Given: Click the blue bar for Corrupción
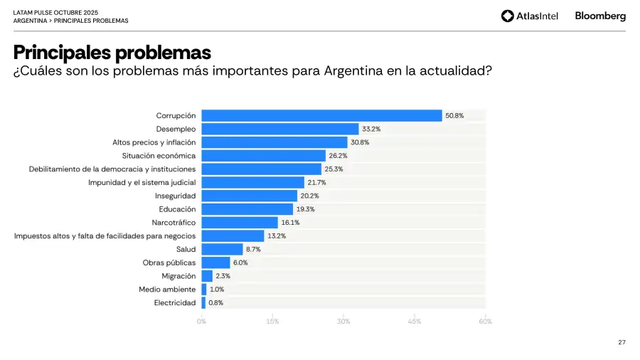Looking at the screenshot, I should (x=321, y=115).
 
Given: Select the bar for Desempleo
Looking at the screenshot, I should (x=280, y=129).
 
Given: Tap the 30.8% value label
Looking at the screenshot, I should (x=360, y=142).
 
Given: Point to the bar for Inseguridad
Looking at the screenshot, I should (x=249, y=196).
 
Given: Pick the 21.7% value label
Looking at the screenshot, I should (x=316, y=182).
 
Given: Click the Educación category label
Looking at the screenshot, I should (x=177, y=209).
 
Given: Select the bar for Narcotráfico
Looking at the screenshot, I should (x=240, y=223).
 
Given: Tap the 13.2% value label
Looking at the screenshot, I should (x=277, y=235).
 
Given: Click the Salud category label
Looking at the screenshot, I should (x=186, y=249).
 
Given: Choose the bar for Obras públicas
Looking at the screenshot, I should (x=215, y=263).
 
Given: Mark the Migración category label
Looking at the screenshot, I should (x=178, y=276).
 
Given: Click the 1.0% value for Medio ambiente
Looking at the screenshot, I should (x=217, y=290).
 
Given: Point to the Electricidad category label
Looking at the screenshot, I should (x=175, y=303).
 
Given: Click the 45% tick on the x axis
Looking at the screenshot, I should (x=415, y=322).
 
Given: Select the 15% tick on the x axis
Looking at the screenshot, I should (x=272, y=322).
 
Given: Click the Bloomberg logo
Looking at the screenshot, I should (x=600, y=16).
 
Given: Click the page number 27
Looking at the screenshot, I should (x=622, y=342).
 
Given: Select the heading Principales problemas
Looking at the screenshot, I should (x=112, y=53).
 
